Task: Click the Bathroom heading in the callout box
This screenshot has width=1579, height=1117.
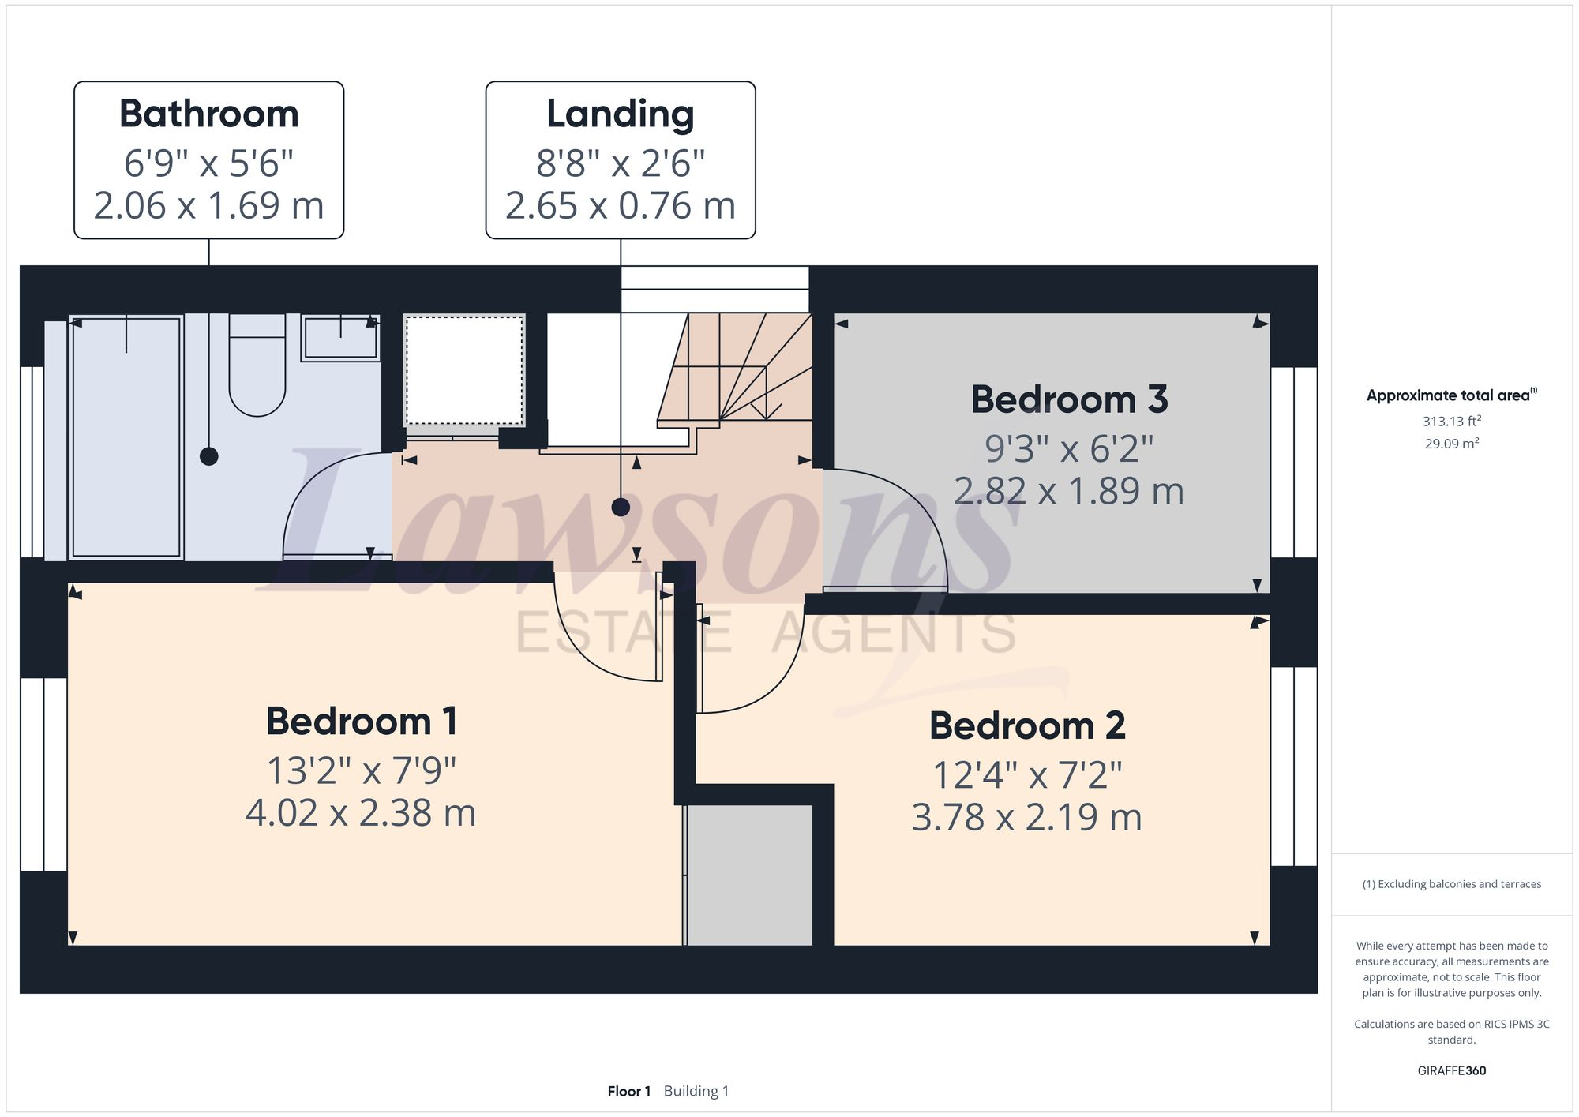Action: coord(208,114)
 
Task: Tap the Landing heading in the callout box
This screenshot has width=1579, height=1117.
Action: coord(620,114)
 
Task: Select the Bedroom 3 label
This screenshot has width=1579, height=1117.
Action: coord(1069,399)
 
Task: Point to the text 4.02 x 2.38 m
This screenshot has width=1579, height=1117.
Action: coord(361,813)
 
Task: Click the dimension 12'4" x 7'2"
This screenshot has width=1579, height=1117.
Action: coord(1026,775)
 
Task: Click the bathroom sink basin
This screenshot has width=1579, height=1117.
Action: coord(339,338)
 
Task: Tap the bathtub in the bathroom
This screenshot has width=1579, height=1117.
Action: coord(126,438)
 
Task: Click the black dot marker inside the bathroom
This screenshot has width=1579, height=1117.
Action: coord(208,456)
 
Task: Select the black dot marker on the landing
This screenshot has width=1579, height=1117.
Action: coord(621,507)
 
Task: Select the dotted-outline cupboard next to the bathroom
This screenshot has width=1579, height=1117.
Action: coord(464,371)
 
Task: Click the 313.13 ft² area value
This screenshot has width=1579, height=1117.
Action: coord(1451,422)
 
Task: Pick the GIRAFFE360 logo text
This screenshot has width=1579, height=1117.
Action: coord(1451,1071)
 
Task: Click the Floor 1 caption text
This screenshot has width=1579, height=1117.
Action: coord(628,1092)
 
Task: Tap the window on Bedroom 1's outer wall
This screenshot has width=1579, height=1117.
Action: coord(43,774)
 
